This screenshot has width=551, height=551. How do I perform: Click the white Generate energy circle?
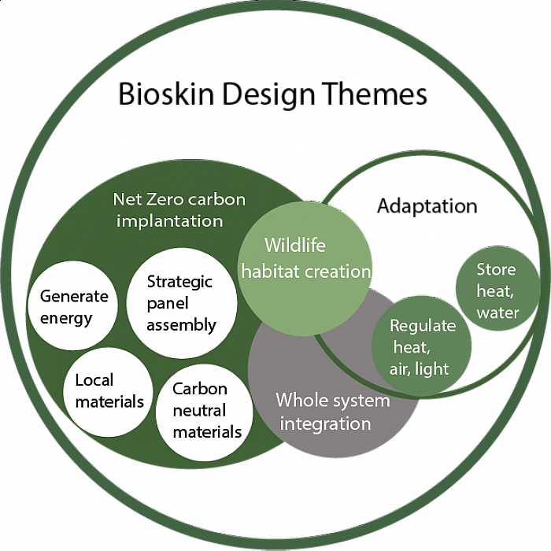pos(73,307)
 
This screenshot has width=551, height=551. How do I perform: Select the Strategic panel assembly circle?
pos(182,303)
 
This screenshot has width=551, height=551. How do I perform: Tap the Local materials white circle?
pos(109,391)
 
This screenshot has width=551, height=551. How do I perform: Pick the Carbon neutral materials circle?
pos(206,411)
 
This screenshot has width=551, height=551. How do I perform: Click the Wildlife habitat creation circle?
pos(305,257)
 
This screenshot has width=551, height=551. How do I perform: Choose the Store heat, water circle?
pos(497,291)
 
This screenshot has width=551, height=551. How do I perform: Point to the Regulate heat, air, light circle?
pos(422,346)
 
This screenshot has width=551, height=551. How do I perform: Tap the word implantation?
pos(169,221)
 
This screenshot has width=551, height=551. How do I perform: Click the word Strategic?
pos(180,282)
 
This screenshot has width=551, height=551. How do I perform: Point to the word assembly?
pos(182,324)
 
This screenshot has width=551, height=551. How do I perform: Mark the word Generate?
pos(74,297)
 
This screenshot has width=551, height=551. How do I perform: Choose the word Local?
pos(94,381)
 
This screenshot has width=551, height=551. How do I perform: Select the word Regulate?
pos(423,326)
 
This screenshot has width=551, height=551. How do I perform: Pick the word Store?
pos(497,270)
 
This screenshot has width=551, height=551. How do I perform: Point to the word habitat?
pos(268,272)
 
